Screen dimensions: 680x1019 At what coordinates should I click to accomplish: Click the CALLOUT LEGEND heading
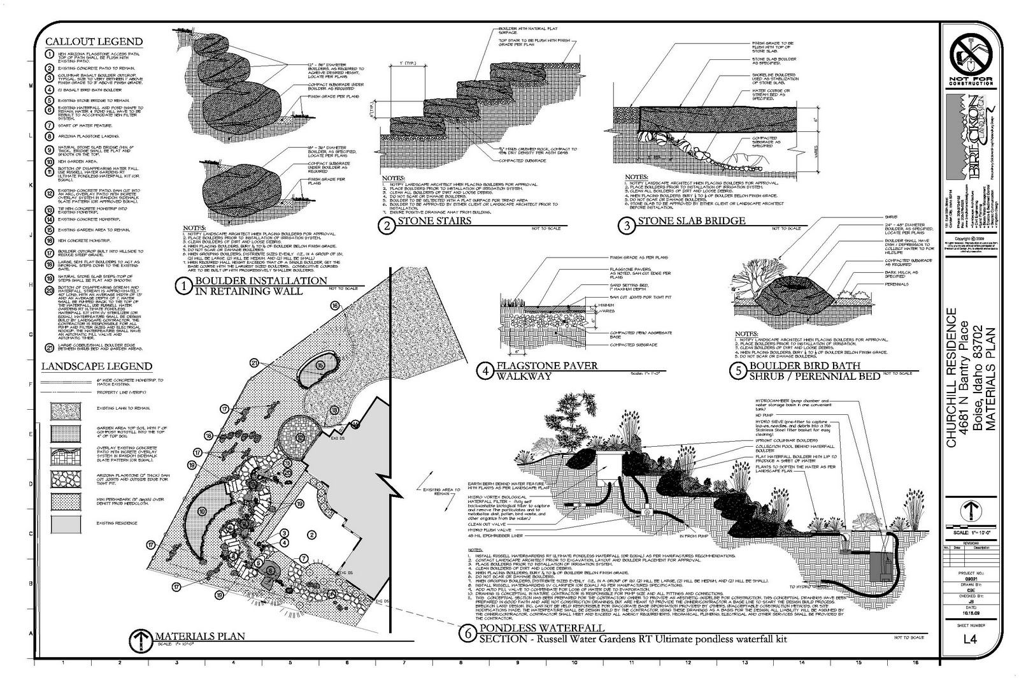pyautogui.click(x=94, y=41)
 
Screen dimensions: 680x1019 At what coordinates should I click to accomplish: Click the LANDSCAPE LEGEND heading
pyautogui.click(x=96, y=366)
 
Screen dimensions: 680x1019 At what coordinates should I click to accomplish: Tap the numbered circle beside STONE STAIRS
pyautogui.click(x=387, y=224)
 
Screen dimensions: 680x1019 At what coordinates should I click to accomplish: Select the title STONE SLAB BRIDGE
pyautogui.click(x=691, y=221)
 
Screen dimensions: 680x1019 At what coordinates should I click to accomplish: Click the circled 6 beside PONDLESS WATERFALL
pyautogui.click(x=468, y=634)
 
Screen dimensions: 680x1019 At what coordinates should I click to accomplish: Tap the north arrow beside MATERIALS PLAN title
pyautogui.click(x=139, y=639)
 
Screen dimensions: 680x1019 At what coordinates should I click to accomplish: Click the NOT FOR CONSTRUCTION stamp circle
pyautogui.click(x=971, y=55)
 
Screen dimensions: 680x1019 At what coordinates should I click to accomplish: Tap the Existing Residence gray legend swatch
pyautogui.click(x=66, y=523)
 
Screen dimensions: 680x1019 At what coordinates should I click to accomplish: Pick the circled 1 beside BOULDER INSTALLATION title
pyautogui.click(x=184, y=287)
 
